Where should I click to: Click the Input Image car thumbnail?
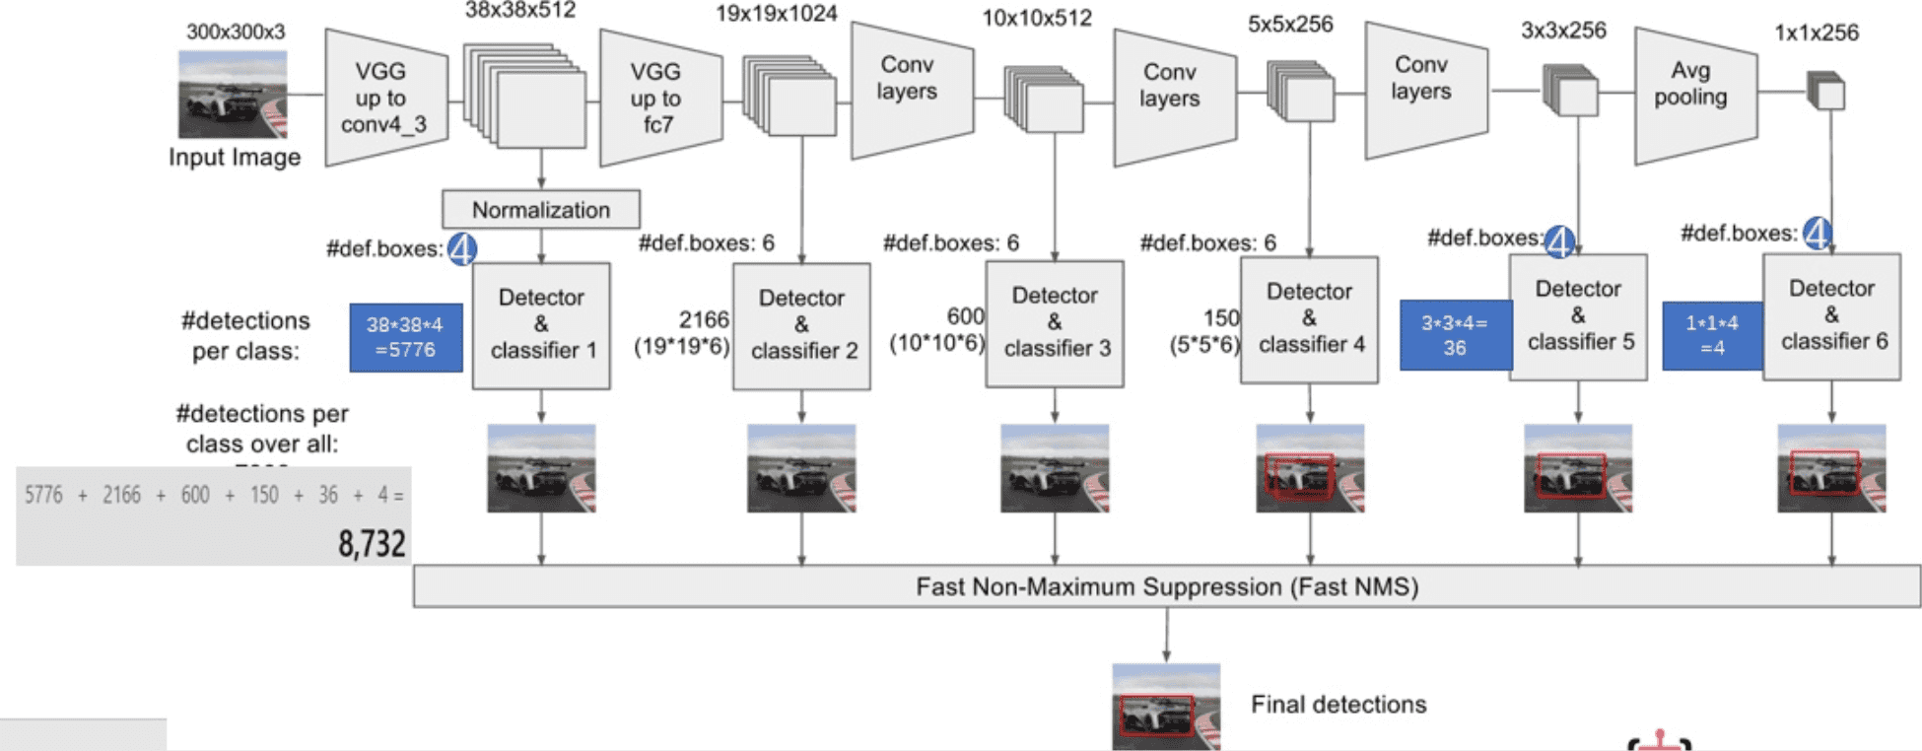[x=233, y=95]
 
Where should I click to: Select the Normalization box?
[x=541, y=209]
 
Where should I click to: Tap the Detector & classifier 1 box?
[x=541, y=324]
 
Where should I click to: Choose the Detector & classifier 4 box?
[x=1309, y=318]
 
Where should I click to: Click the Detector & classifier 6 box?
[x=1831, y=315]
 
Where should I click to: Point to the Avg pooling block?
[x=1693, y=96]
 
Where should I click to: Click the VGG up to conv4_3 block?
[x=383, y=98]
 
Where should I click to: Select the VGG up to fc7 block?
[x=658, y=98]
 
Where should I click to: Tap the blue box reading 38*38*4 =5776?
[x=405, y=337]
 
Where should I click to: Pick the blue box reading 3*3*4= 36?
[x=1455, y=335]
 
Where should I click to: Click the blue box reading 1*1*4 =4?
[x=1712, y=335]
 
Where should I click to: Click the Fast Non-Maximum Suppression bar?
[x=1166, y=586]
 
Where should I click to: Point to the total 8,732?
[x=372, y=543]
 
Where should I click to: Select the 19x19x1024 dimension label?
[x=776, y=15]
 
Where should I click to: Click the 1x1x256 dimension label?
[x=1816, y=33]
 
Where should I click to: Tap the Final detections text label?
[x=1338, y=704]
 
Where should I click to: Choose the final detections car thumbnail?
[x=1166, y=707]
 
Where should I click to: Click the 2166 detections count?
[x=704, y=319]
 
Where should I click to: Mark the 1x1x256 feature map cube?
[x=1826, y=92]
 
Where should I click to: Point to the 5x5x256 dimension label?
[x=1290, y=25]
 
